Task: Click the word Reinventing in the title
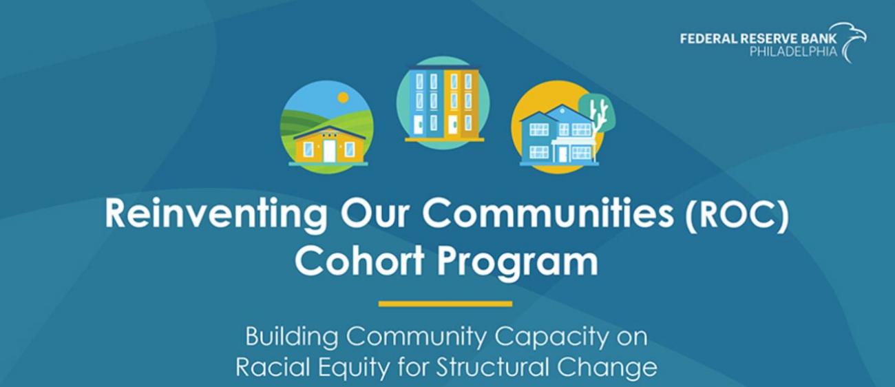click(215, 215)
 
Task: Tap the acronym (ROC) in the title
click(737, 215)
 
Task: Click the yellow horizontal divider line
click(445, 304)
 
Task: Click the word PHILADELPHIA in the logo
click(793, 51)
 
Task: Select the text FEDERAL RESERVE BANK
click(758, 39)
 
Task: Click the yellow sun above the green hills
click(343, 97)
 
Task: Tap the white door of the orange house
click(329, 151)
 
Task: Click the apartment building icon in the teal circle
click(443, 104)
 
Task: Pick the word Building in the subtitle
click(292, 337)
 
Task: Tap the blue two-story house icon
click(559, 136)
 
